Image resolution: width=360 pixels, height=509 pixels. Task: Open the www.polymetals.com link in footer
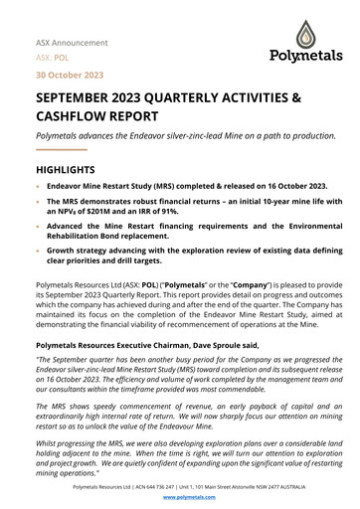point(179,496)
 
